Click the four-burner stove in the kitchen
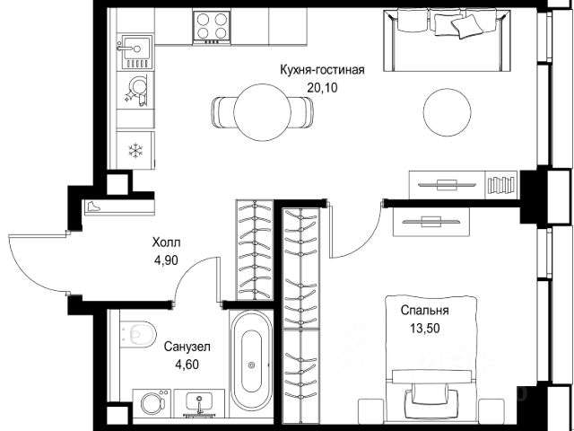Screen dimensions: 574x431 click(x=212, y=27)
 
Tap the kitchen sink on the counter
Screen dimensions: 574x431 click(x=135, y=52)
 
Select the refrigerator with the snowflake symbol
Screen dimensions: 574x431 click(x=135, y=150)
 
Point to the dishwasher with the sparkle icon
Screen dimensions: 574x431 click(x=135, y=90)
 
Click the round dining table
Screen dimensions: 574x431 click(x=262, y=112)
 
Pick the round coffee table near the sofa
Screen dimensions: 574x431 click(x=447, y=112)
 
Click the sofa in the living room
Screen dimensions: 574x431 click(x=447, y=40)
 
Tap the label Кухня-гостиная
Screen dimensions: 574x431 click(x=322, y=70)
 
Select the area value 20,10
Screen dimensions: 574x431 click(x=322, y=88)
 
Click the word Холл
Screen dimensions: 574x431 click(x=166, y=242)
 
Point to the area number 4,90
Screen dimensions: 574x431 click(x=166, y=260)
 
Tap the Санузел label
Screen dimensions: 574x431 click(x=187, y=347)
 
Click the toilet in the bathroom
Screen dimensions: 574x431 click(x=138, y=334)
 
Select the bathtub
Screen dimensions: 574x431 click(x=251, y=361)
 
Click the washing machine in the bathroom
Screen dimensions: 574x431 click(x=152, y=403)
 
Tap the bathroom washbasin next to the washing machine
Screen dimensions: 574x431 click(x=199, y=403)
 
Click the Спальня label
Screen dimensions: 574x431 click(x=424, y=311)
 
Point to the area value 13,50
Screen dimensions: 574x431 click(x=424, y=329)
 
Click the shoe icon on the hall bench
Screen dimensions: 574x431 click(x=93, y=207)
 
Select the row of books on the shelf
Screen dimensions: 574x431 click(x=501, y=185)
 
